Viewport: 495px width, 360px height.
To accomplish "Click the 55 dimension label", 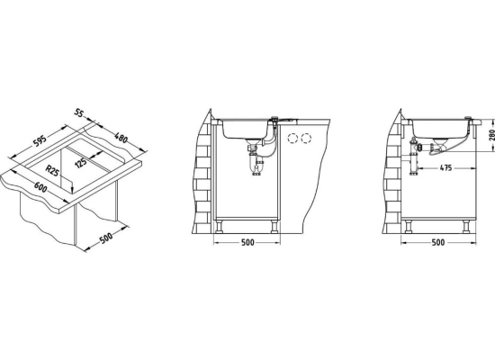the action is pyautogui.click(x=80, y=112).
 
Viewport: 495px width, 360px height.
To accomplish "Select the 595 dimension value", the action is pyautogui.click(x=40, y=140).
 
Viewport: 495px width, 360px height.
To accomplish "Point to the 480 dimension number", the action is pyautogui.click(x=121, y=138).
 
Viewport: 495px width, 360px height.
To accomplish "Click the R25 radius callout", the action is pyautogui.click(x=52, y=170).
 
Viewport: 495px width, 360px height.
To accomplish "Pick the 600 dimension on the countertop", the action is pyautogui.click(x=40, y=188).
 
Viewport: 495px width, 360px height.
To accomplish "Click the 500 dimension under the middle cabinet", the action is pyautogui.click(x=247, y=242).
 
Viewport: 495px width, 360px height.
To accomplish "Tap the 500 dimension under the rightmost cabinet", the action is pyautogui.click(x=438, y=242).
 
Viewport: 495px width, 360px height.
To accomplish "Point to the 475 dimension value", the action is pyautogui.click(x=445, y=167).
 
